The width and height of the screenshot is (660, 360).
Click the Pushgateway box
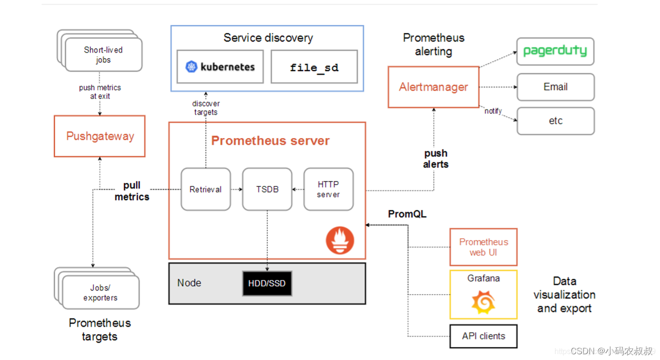coord(99,136)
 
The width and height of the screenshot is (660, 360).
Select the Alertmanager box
coord(433,87)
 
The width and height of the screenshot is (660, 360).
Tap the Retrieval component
coord(205,189)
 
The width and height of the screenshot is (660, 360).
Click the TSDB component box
coord(267,189)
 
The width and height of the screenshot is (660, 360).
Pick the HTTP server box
coord(329,189)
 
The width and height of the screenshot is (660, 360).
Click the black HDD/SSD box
coord(266,283)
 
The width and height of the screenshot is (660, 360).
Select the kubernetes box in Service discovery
coord(220,67)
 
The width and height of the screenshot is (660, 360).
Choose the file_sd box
coord(314,67)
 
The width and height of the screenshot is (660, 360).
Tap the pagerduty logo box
coord(555,52)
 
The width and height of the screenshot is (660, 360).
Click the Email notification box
coord(555,87)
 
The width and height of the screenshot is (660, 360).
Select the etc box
coord(555,121)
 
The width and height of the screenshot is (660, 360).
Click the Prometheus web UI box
coord(483,247)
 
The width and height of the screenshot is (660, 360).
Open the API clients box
coord(483,336)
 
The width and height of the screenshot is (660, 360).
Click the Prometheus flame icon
coord(340,240)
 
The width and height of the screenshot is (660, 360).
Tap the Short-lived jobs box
coord(103,54)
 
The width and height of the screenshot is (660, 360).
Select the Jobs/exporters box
coord(100,292)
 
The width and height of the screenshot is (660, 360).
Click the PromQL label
coord(407,214)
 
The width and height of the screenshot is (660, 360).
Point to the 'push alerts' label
coord(436,159)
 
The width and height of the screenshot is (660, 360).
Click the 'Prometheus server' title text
coord(270,141)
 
